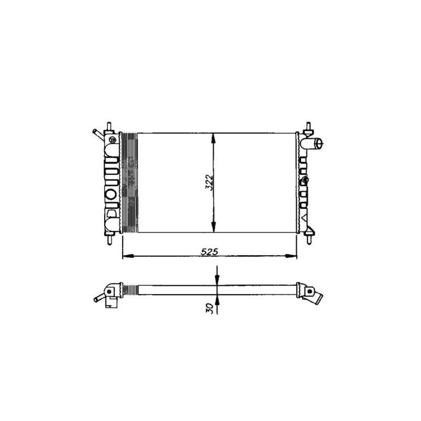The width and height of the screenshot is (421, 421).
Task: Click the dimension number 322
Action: tap(209, 183)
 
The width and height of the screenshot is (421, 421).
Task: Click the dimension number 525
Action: tap(209, 252)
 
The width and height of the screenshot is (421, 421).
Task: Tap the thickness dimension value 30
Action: tap(210, 307)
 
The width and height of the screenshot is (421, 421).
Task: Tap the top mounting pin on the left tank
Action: tap(109, 127)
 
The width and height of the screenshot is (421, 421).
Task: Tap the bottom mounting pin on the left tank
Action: tap(109, 238)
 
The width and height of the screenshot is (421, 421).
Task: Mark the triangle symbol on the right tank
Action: tap(305, 216)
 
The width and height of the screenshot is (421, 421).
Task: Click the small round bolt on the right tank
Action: tap(305, 179)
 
